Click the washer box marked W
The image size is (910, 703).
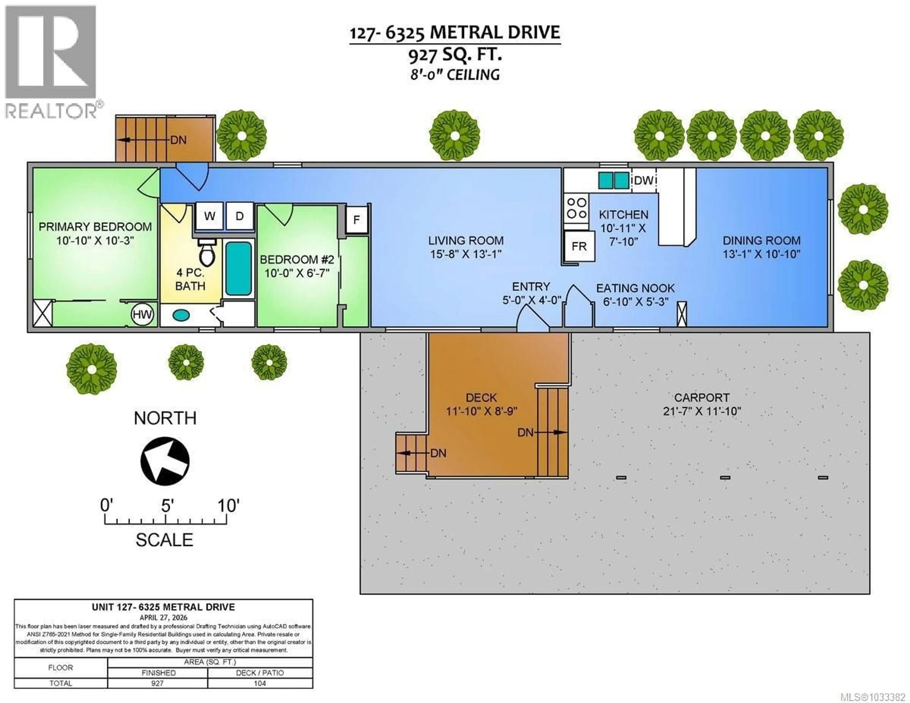point(209,216)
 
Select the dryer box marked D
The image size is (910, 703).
point(240,216)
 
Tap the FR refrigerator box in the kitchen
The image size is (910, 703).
point(579,246)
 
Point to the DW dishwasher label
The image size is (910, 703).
point(644,180)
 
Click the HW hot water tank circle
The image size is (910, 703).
point(142,315)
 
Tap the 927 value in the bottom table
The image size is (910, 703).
point(158,683)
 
